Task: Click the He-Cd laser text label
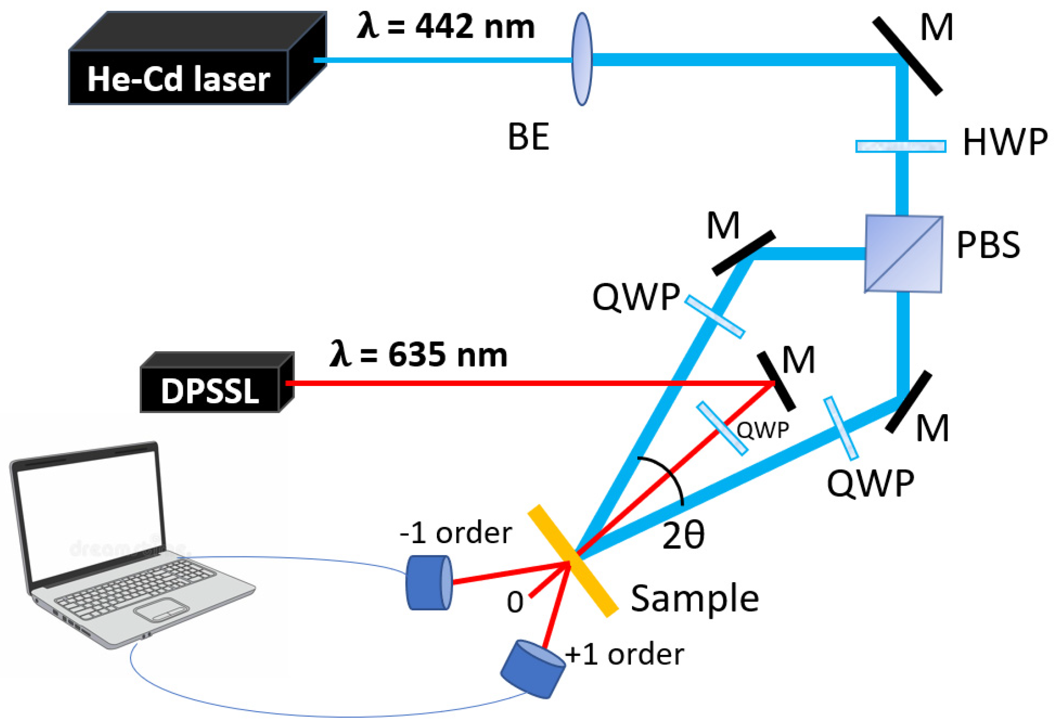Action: tap(178, 79)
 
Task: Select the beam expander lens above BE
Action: tap(582, 59)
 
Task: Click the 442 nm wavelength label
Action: tap(446, 27)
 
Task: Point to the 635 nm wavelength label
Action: tap(419, 354)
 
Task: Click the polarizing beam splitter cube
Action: tap(903, 254)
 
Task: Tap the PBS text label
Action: tap(988, 245)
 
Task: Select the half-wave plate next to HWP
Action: tap(900, 146)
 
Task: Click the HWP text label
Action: tap(1004, 142)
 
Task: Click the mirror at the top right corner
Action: tap(907, 55)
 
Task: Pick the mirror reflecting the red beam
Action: tap(776, 381)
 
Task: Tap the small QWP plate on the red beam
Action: tap(721, 428)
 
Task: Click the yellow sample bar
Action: tap(573, 560)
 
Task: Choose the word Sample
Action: tap(694, 599)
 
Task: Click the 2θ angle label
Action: tap(683, 536)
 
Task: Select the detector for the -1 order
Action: tap(428, 583)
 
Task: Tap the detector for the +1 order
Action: tap(533, 669)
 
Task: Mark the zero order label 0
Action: tap(514, 602)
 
